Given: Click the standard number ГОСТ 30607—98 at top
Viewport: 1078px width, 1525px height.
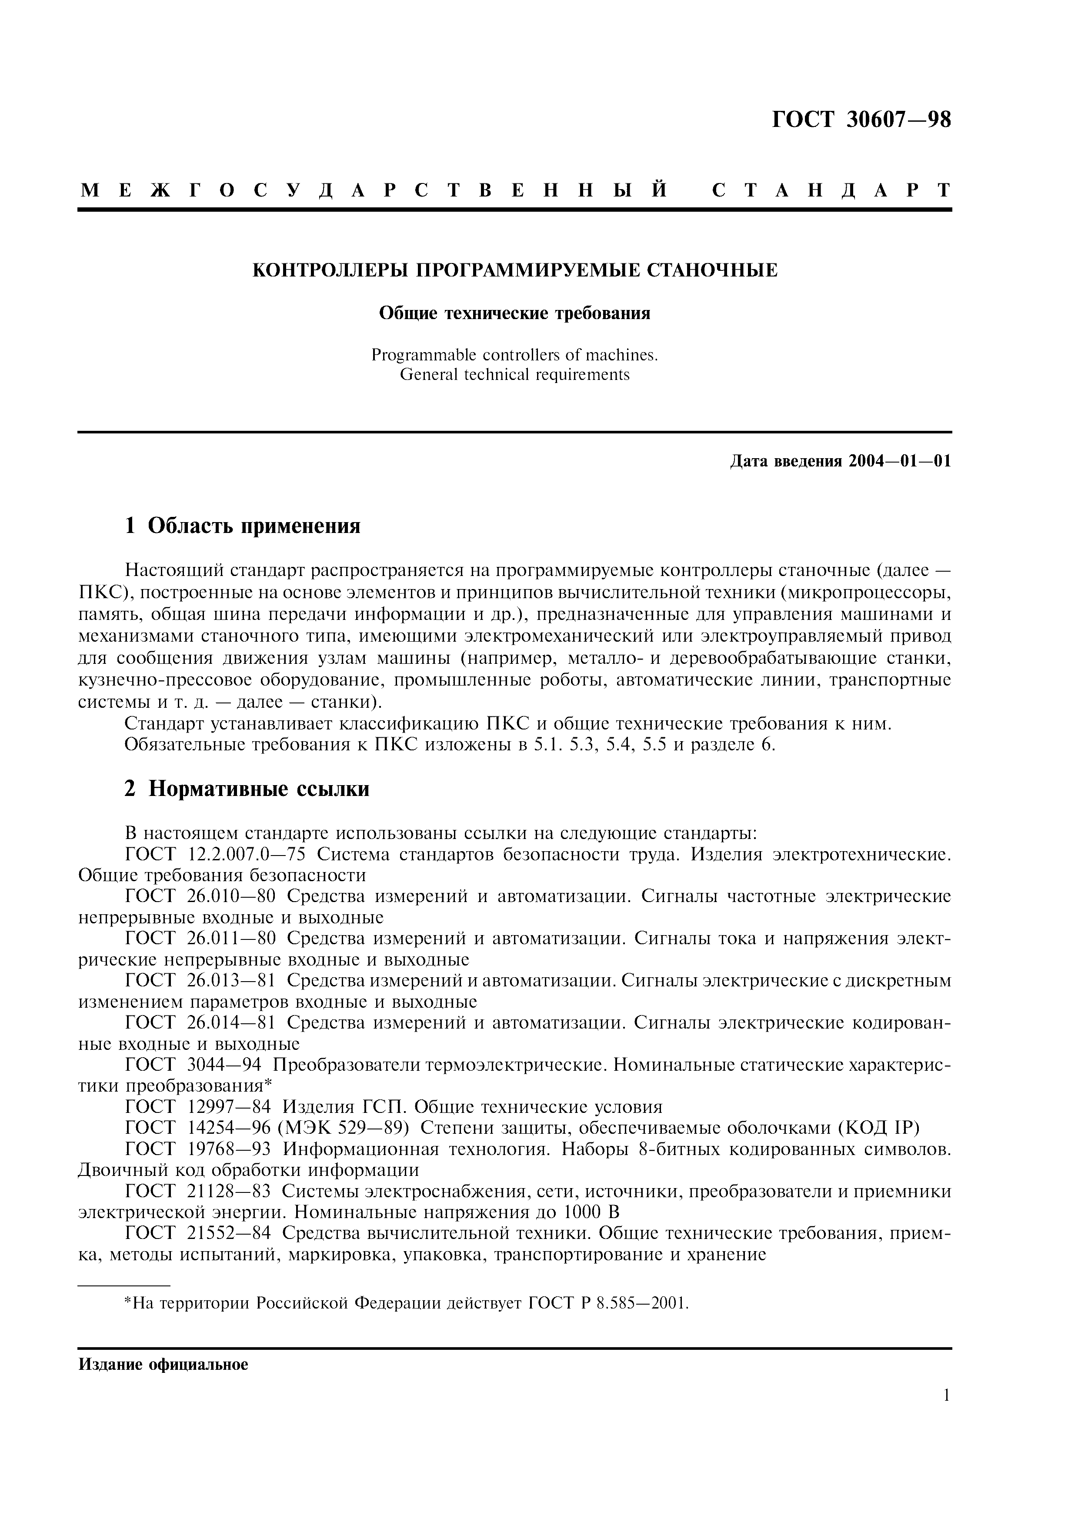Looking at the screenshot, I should [861, 120].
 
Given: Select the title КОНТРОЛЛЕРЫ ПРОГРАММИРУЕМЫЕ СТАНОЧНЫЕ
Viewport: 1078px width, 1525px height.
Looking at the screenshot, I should [515, 271].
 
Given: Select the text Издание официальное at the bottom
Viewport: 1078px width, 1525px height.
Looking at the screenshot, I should [164, 1365].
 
